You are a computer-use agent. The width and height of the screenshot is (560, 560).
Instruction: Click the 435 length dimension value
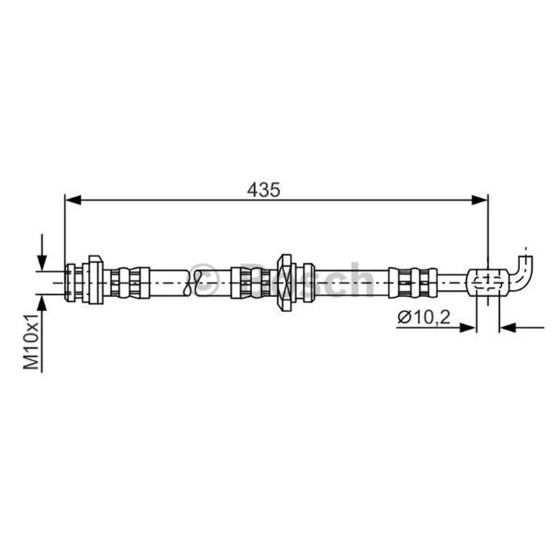pos(264,190)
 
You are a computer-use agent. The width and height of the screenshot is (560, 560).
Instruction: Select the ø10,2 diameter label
pos(424,317)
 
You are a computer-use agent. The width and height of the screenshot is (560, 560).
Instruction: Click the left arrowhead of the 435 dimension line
pos(73,200)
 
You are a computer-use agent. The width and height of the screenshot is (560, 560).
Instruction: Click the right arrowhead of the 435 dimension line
pos(479,200)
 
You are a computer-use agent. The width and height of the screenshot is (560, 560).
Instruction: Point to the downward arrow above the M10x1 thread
pos(42,253)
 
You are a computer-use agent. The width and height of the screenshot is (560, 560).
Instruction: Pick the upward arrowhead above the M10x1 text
pos(42,303)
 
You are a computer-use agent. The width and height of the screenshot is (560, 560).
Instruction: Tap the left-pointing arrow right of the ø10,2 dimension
pos(521,327)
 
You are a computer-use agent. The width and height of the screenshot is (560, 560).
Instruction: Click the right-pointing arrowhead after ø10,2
pos(468,327)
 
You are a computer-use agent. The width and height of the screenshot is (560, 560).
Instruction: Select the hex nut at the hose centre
pos(286,283)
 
